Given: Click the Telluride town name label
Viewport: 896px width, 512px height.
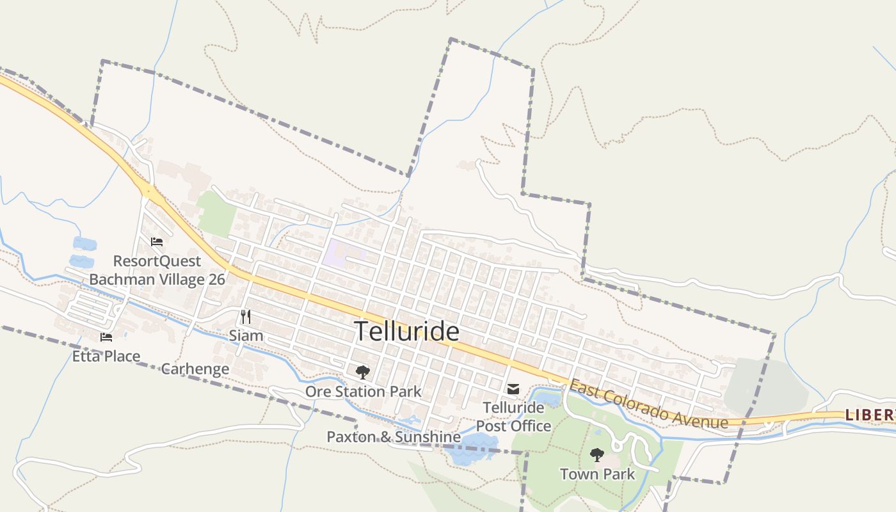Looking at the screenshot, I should tap(407, 332).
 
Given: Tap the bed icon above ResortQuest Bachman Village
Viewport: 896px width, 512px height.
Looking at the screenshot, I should tap(157, 242).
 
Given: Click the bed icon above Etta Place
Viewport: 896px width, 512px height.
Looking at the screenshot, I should tap(106, 337).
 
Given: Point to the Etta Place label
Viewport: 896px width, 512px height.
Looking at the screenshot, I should tap(106, 356).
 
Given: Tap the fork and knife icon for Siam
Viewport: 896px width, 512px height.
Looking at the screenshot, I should tap(246, 316).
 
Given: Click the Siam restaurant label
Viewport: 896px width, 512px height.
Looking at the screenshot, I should tap(246, 335).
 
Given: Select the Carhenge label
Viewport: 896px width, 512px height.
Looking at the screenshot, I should tap(195, 369).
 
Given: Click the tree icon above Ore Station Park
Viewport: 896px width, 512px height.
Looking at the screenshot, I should tap(363, 372).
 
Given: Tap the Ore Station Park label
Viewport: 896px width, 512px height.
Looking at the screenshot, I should tap(363, 391).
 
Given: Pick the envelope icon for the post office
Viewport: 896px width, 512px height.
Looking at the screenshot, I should tap(513, 388).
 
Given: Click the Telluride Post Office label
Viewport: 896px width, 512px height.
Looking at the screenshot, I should tap(513, 417).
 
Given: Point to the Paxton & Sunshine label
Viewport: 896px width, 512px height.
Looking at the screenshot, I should tap(394, 437).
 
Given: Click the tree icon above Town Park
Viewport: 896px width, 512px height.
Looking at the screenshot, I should tap(597, 455).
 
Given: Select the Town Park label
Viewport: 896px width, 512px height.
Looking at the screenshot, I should tap(597, 474).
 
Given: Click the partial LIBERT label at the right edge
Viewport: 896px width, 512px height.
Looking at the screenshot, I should tap(870, 415).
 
